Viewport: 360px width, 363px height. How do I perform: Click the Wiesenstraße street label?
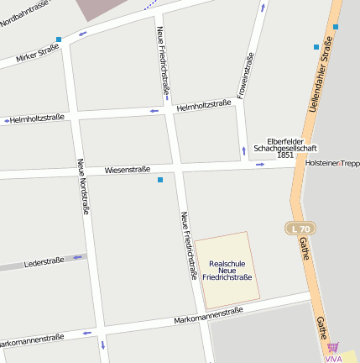click(x=128, y=170)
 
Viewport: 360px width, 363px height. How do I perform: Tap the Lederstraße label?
click(x=44, y=262)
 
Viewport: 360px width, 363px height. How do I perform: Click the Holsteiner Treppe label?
click(x=332, y=163)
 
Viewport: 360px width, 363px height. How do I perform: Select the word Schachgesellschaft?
click(x=285, y=148)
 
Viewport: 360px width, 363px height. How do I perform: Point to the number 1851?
click(x=285, y=155)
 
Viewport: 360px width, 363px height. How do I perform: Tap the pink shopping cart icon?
click(x=333, y=347)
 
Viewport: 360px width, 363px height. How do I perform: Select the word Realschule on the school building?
click(x=227, y=262)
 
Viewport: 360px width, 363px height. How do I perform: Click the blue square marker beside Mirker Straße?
click(x=59, y=39)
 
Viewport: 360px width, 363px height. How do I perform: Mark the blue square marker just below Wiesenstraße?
click(x=160, y=180)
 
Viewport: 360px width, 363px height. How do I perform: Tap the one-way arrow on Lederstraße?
click(x=77, y=257)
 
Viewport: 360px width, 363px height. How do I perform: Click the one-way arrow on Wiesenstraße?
click(x=259, y=164)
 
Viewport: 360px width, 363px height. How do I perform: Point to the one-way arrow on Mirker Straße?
click(x=82, y=34)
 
